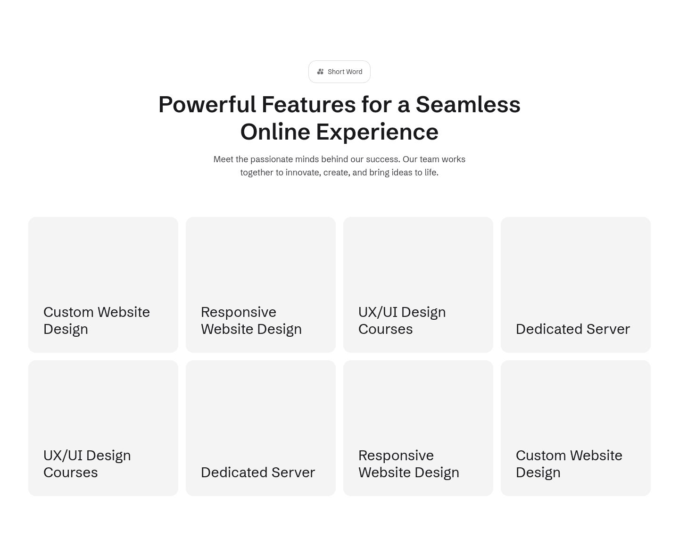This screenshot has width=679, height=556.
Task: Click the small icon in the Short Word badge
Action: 320,72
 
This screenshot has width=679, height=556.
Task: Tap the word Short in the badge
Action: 335,72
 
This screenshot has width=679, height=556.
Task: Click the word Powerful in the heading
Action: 207,105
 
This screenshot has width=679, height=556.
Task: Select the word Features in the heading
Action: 308,105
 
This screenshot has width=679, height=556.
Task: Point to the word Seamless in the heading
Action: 468,105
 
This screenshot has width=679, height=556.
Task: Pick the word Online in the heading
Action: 275,132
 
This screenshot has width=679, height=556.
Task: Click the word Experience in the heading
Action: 377,133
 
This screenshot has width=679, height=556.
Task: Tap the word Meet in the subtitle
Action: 224,159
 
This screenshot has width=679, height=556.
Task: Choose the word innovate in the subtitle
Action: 303,173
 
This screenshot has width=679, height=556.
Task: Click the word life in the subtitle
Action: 431,173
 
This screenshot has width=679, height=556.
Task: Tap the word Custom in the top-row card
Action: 68,312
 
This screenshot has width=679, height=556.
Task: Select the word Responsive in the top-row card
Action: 239,313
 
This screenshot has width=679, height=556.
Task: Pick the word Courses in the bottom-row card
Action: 71,473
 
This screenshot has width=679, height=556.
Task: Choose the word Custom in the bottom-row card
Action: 541,455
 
